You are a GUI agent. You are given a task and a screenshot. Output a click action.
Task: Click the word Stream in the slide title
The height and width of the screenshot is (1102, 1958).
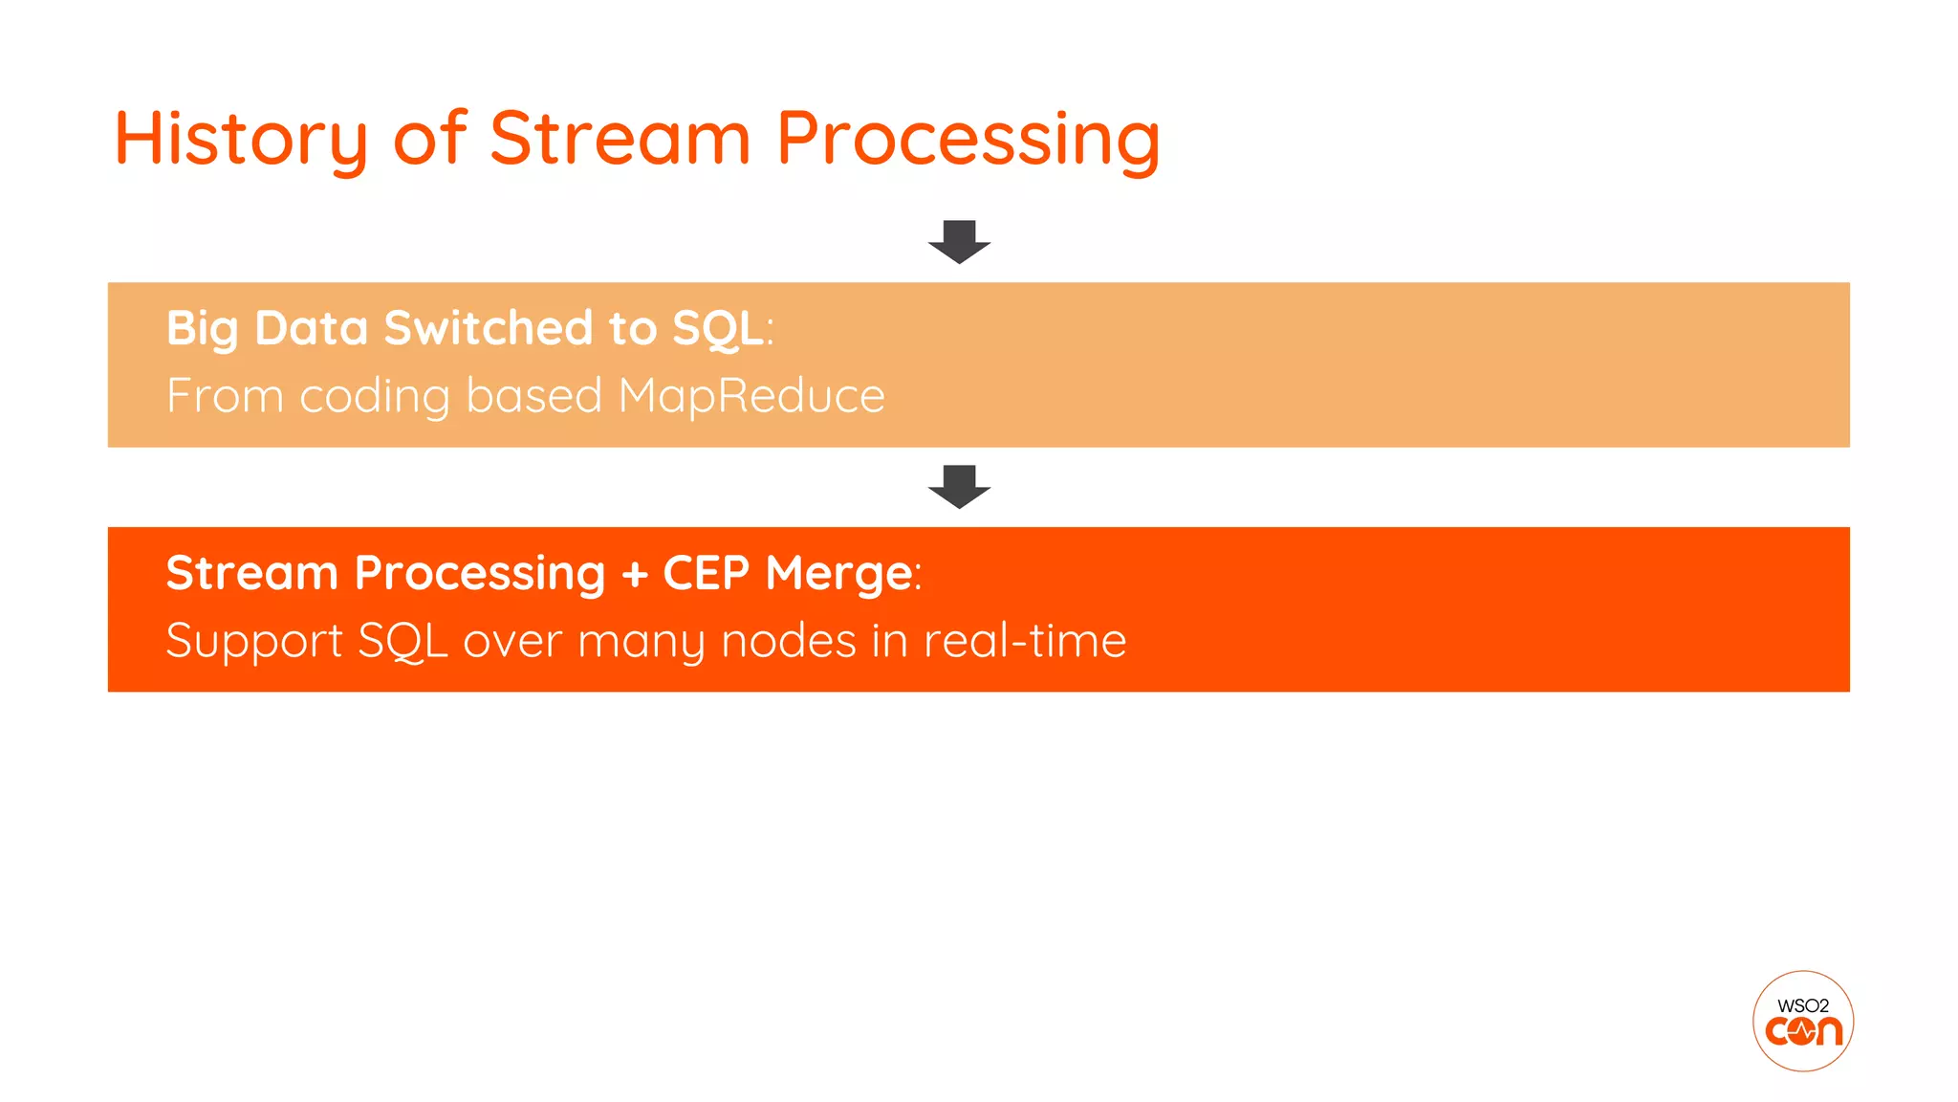pos(620,138)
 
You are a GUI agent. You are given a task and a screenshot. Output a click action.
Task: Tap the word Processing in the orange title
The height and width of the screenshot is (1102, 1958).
pos(968,140)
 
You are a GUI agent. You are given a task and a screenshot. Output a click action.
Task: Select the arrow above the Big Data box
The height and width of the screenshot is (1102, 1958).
pos(959,241)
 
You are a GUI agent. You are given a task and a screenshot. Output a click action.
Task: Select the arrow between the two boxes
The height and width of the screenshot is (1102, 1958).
pos(959,486)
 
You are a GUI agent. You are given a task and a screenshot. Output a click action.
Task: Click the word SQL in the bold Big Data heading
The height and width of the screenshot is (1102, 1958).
pos(718,328)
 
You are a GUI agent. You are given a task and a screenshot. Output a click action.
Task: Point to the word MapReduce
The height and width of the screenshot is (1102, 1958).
pos(751,396)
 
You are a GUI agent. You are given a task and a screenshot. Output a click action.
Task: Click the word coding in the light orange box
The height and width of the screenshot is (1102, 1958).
pos(375,396)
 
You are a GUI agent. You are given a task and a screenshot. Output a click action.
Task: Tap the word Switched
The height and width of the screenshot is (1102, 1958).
pos(489,328)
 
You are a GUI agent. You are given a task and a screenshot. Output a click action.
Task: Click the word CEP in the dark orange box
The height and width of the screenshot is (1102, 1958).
pos(706,573)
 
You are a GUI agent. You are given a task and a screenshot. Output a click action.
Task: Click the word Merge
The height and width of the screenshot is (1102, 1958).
pos(838,574)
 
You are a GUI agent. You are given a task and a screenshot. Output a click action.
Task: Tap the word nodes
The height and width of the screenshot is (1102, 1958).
pos(788,640)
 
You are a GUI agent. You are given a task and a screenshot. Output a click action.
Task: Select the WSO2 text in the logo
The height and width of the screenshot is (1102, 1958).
pos(1803,1005)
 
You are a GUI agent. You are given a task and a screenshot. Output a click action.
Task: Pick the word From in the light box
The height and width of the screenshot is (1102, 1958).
pos(225,396)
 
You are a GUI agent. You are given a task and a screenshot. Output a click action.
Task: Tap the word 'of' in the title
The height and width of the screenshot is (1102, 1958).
pos(429,139)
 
